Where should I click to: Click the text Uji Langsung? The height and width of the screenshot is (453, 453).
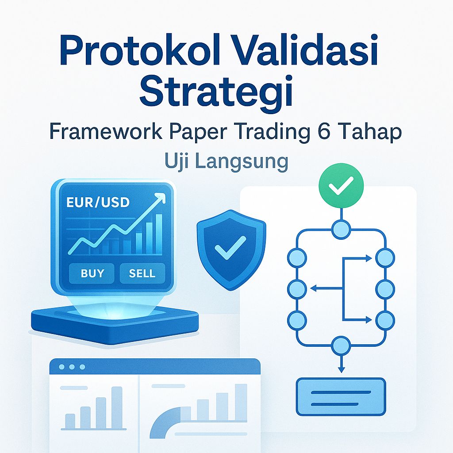pos(226,161)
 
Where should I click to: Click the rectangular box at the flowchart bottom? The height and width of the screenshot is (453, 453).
pos(341,397)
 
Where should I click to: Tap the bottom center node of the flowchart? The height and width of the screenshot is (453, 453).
pos(341,346)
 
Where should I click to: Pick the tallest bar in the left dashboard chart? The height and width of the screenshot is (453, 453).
pos(117,407)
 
